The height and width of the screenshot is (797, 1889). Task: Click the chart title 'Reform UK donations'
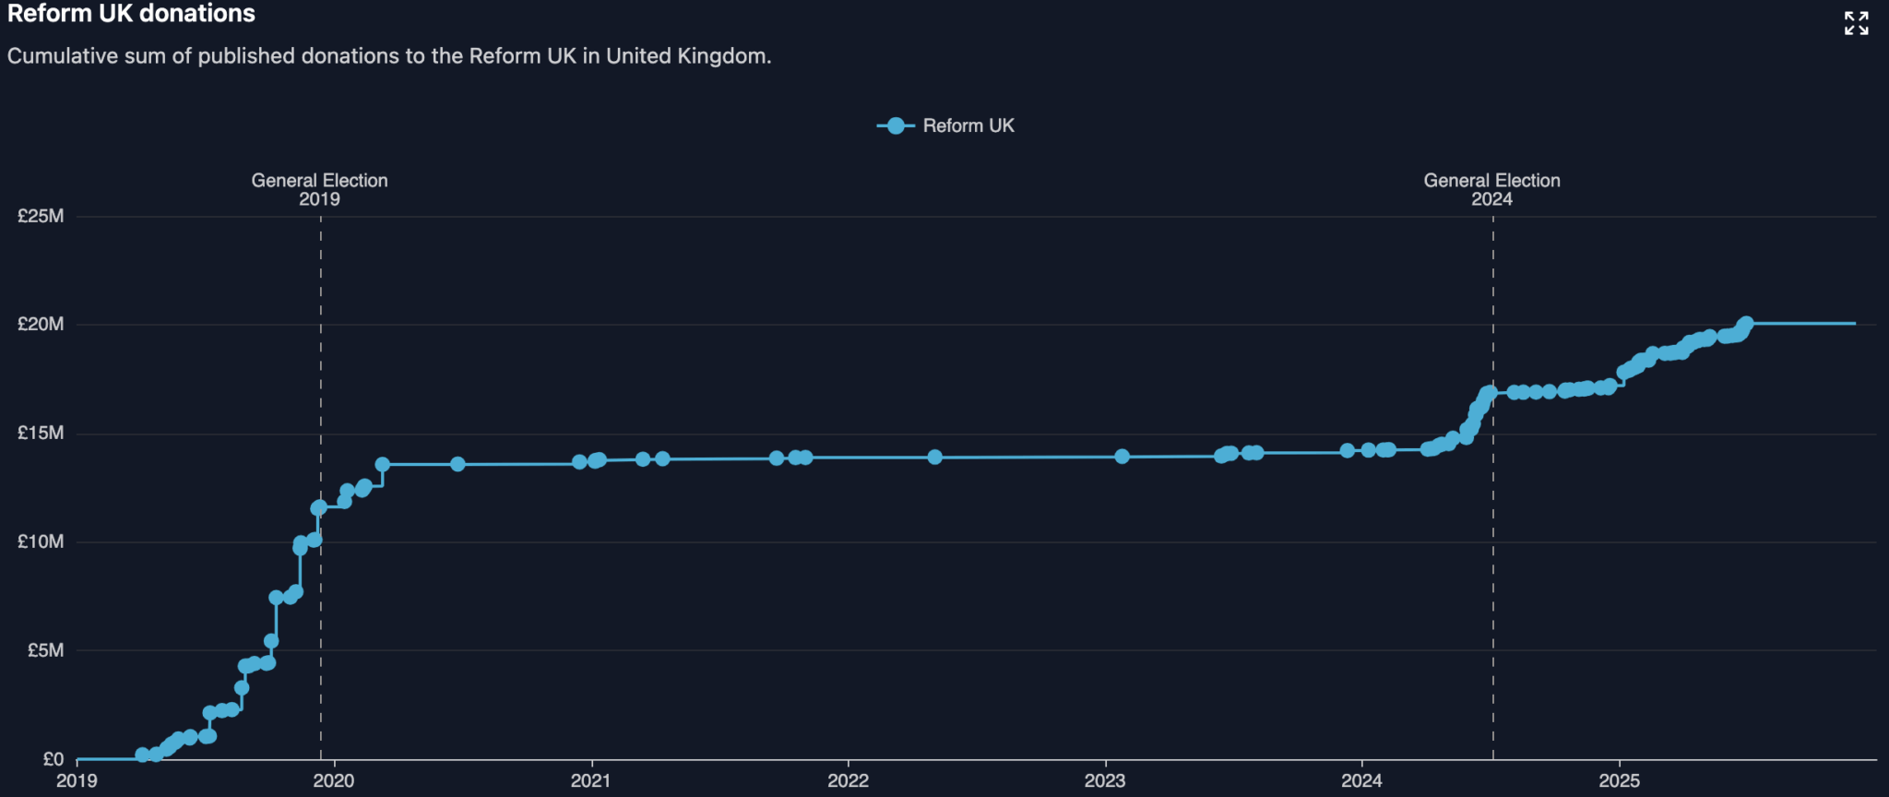point(131,14)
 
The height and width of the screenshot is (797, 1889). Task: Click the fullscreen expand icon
point(1856,23)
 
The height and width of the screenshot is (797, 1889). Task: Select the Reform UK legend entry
point(946,126)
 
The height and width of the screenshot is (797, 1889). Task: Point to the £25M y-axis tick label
point(41,217)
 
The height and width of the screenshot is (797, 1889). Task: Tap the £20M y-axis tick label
point(41,325)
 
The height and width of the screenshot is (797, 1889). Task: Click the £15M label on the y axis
point(41,434)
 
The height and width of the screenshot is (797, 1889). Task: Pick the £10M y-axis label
point(41,542)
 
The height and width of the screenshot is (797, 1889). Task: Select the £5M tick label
point(45,651)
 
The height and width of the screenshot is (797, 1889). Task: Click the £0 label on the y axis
point(53,759)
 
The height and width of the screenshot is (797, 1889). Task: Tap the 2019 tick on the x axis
point(77,781)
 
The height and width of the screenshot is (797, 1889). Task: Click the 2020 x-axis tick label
point(334,781)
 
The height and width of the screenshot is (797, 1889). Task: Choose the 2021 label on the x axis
point(590,781)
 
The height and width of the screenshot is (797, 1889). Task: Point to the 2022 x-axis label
point(848,781)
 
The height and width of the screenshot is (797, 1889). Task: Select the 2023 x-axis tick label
point(1105,781)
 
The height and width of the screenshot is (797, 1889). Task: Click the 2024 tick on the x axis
point(1361,781)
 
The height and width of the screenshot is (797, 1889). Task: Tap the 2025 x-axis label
point(1619,781)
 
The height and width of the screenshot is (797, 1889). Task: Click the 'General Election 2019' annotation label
point(319,190)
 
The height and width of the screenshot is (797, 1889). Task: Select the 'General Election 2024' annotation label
point(1491,190)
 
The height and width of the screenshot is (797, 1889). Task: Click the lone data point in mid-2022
point(934,457)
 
